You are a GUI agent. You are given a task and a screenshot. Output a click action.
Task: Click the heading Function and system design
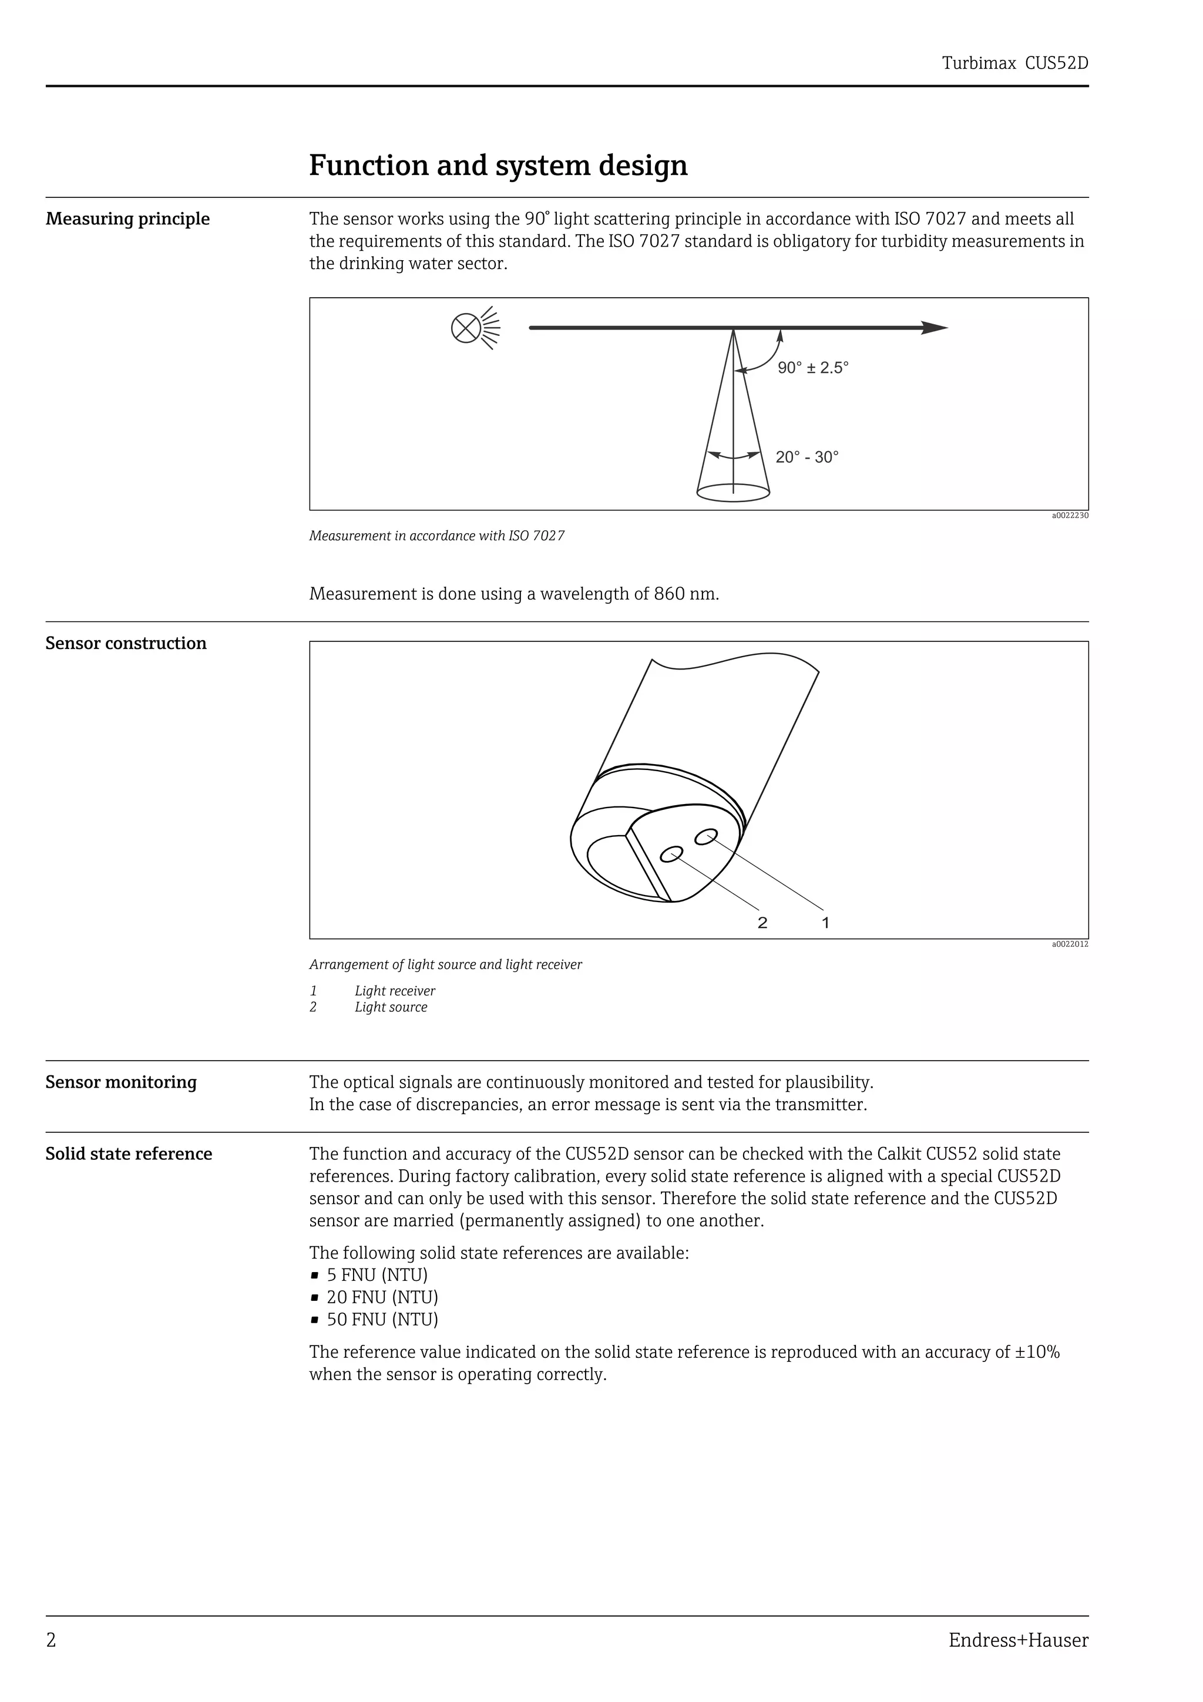498,165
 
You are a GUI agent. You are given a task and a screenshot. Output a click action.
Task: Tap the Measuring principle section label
127,220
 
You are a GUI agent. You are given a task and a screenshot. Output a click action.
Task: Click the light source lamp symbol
465,328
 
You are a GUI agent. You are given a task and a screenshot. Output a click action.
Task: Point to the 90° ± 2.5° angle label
812,368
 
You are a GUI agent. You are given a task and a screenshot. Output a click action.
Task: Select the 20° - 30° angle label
807,458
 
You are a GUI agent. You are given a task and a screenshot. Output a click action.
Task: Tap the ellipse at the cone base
733,492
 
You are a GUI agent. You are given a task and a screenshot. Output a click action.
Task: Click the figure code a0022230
1070,515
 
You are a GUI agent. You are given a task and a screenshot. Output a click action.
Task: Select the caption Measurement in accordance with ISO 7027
436,536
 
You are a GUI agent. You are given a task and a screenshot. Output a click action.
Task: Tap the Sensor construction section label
126,644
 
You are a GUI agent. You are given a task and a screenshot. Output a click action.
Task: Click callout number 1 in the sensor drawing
826,922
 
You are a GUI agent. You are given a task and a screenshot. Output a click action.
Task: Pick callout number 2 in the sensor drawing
762,922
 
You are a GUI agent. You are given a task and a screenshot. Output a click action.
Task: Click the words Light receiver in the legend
394,991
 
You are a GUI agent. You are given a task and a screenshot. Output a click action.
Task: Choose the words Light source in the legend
391,1007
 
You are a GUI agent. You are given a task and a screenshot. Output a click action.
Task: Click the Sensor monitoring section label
121,1082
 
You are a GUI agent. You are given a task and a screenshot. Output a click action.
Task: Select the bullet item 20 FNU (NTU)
382,1297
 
